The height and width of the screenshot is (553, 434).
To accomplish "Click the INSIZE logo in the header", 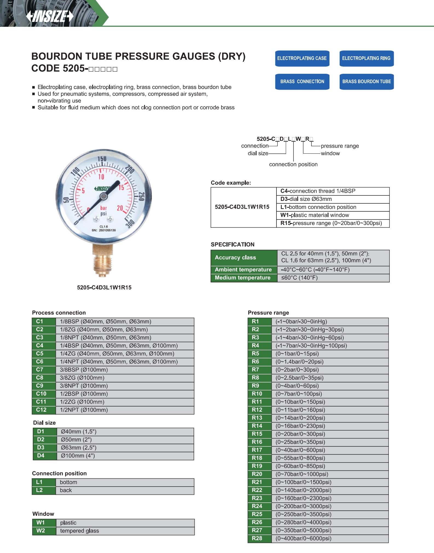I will pyautogui.click(x=50, y=17).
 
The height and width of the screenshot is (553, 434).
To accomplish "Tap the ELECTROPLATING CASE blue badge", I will pyautogui.click(x=302, y=58).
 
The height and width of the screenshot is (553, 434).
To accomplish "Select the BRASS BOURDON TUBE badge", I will pyautogui.click(x=366, y=81).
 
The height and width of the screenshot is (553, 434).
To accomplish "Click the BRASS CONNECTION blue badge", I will pyautogui.click(x=302, y=81).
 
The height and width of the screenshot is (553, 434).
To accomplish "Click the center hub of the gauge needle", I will pyautogui.click(x=104, y=196).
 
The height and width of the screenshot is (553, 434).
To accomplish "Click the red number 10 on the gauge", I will pyautogui.click(x=101, y=177).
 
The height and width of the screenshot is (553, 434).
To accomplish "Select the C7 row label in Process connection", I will pyautogui.click(x=40, y=370).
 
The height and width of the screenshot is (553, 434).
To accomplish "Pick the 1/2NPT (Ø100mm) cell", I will pyautogui.click(x=84, y=410).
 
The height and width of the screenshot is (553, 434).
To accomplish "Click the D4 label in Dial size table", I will pyautogui.click(x=41, y=456).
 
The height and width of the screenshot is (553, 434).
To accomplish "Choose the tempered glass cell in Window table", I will pyautogui.click(x=80, y=531).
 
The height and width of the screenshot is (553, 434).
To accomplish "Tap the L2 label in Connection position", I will pyautogui.click(x=39, y=490).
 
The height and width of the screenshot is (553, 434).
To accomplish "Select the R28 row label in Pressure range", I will pyautogui.click(x=257, y=538).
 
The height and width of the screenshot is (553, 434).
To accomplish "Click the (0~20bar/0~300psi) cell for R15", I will pyautogui.click(x=300, y=434).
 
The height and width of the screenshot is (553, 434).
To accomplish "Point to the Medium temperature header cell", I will pyautogui.click(x=243, y=278).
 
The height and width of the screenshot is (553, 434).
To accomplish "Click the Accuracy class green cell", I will pyautogui.click(x=235, y=258).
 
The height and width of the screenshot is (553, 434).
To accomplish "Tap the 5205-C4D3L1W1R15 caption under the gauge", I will pyautogui.click(x=104, y=288).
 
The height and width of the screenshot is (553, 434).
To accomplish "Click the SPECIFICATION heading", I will pyautogui.click(x=232, y=244).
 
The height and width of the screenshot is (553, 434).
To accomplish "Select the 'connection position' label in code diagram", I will pyautogui.click(x=293, y=164).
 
